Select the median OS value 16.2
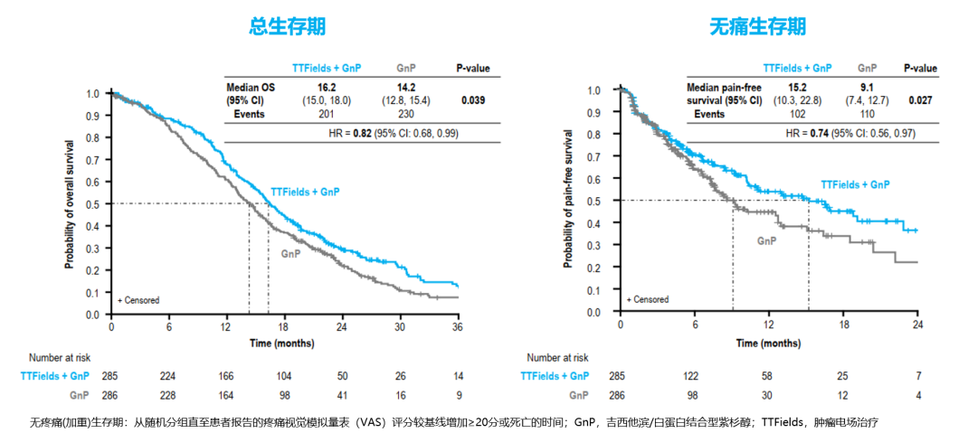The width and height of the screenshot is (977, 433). click(x=327, y=87)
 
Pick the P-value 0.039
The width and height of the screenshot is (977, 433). click(x=472, y=99)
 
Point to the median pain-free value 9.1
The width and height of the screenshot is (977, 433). click(x=868, y=87)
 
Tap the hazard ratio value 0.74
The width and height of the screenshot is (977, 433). click(x=809, y=133)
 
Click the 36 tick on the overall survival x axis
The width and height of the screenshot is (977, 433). click(x=457, y=326)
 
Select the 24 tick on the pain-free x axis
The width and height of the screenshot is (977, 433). click(x=918, y=325)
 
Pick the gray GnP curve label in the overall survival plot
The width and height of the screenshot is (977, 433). click(x=290, y=253)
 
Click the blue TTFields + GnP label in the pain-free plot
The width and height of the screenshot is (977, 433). click(x=855, y=184)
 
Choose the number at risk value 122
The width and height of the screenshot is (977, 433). click(x=695, y=375)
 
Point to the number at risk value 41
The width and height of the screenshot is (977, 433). click(x=341, y=395)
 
